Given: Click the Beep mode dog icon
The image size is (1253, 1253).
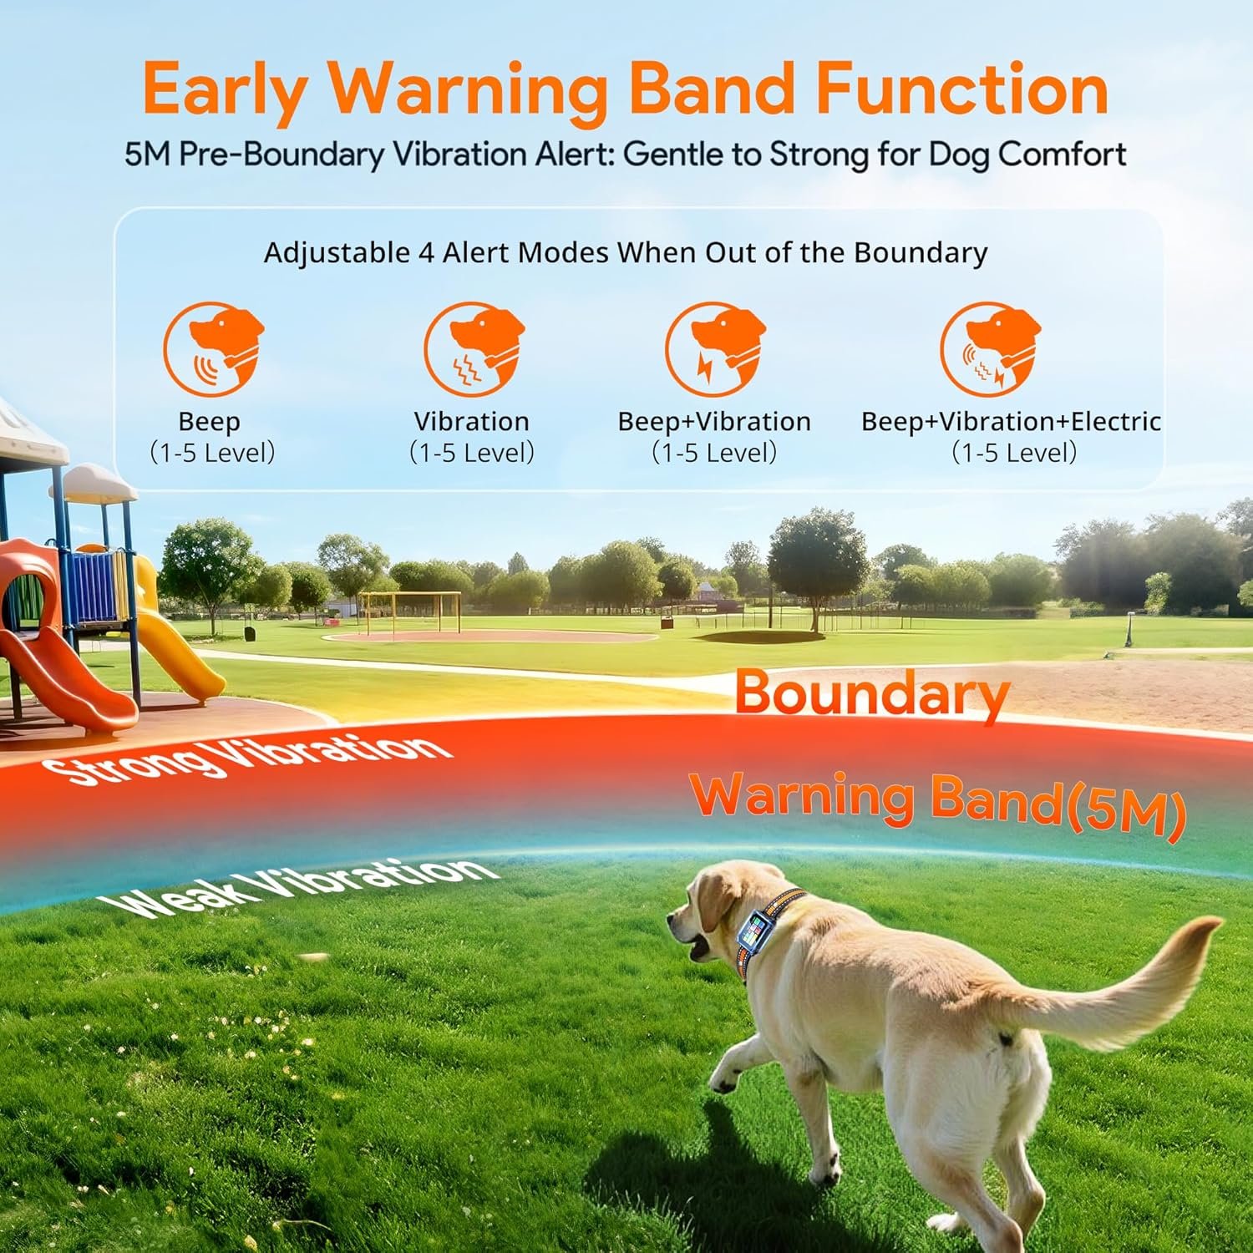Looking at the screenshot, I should pos(212,349).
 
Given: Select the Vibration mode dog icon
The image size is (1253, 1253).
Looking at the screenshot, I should pos(473,349).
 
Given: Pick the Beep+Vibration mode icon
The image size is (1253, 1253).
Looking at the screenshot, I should pos(715,349).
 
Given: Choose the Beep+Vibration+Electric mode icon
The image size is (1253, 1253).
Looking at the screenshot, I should pos(990,349).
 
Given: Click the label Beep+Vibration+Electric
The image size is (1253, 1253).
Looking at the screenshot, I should pos(1011,421).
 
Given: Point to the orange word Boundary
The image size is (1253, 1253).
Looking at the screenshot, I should pos(871,693).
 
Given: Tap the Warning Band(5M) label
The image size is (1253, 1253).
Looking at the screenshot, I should pos(937,802).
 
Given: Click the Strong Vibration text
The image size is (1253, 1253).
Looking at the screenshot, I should pos(246,757).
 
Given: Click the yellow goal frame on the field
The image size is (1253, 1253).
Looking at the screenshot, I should pos(410,610).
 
